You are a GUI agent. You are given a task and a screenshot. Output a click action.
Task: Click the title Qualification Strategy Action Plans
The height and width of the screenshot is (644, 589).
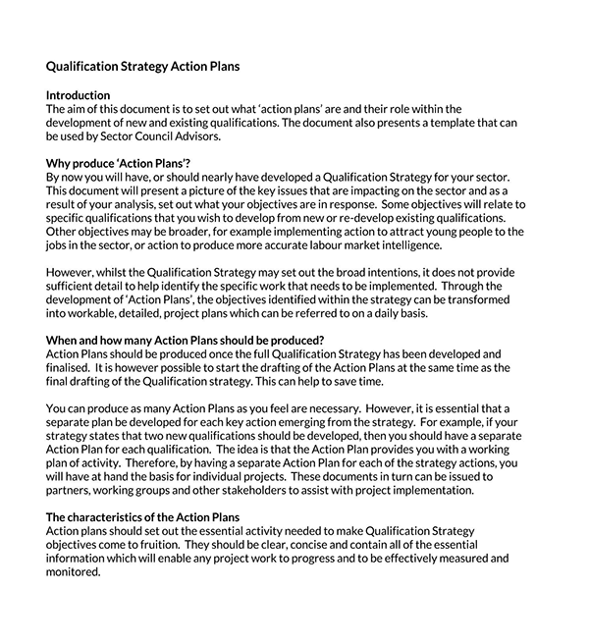(x=143, y=67)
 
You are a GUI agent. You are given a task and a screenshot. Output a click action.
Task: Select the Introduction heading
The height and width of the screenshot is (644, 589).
(x=79, y=95)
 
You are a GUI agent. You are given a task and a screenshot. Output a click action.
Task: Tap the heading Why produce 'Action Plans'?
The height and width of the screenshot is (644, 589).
(x=119, y=162)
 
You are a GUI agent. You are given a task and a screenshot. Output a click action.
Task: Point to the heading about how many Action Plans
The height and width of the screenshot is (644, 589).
(x=186, y=340)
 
